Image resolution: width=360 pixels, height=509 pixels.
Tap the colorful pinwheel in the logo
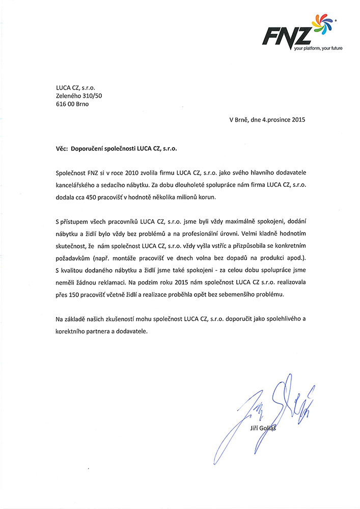click(x=317, y=27)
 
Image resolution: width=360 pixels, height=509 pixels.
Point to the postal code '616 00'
click(x=65, y=104)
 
